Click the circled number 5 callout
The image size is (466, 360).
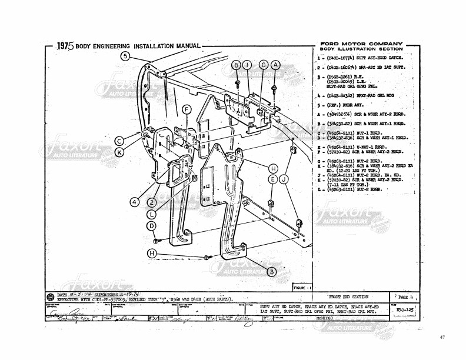(x=125, y=56)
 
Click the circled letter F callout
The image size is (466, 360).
(x=186, y=109)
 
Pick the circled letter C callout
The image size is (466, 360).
(x=119, y=141)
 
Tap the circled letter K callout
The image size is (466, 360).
(x=119, y=151)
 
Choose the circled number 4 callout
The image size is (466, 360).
(x=135, y=202)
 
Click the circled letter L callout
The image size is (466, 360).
(x=152, y=214)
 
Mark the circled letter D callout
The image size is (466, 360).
(x=151, y=226)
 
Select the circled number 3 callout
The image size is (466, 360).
(x=271, y=271)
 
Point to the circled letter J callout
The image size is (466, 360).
(x=284, y=179)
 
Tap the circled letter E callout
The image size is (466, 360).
(x=272, y=179)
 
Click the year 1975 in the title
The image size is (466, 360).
(x=69, y=46)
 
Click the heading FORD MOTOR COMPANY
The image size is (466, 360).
(x=361, y=44)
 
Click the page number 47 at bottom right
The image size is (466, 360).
(x=442, y=338)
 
